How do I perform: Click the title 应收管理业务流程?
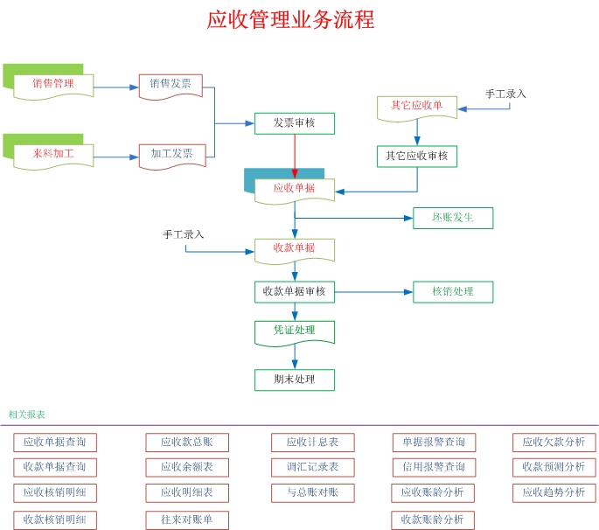click(x=290, y=19)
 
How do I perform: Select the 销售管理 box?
click(x=53, y=84)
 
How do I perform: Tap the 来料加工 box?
click(x=53, y=154)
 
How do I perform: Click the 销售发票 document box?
click(x=171, y=84)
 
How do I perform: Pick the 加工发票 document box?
click(x=171, y=154)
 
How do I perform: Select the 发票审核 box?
click(x=295, y=123)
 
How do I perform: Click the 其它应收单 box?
click(x=416, y=106)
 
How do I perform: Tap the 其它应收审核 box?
click(x=416, y=156)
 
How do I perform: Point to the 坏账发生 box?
click(x=453, y=218)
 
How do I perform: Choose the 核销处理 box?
click(x=453, y=291)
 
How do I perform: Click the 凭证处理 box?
click(x=295, y=331)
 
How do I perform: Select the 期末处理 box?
click(x=295, y=380)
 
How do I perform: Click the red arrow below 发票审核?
click(x=295, y=156)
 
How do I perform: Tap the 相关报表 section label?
click(x=26, y=415)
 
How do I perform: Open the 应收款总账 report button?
click(x=186, y=443)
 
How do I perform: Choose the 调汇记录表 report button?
click(x=312, y=467)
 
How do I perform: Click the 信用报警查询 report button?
click(x=434, y=467)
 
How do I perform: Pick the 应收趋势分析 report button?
click(x=554, y=492)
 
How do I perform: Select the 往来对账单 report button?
click(x=186, y=520)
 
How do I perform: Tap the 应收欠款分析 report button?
click(x=554, y=443)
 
